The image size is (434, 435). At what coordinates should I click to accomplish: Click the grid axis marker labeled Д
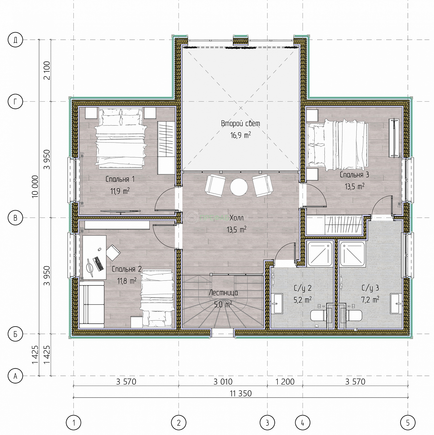(x=15, y=40)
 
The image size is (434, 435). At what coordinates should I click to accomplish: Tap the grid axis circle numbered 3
(x=267, y=423)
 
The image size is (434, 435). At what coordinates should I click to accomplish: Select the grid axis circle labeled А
(x=15, y=376)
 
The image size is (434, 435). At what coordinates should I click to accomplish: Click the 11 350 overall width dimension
(x=241, y=394)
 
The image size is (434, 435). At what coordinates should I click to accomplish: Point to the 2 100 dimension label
(x=47, y=70)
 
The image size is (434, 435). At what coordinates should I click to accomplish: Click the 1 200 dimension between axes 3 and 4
(x=285, y=382)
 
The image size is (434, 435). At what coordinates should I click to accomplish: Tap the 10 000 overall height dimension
(x=35, y=187)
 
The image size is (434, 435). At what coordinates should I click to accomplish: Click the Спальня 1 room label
(x=120, y=179)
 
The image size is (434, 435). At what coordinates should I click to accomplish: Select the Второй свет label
(x=241, y=124)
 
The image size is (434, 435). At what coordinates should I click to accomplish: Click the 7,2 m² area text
(x=370, y=300)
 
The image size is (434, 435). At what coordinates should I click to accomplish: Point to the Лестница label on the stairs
(x=224, y=293)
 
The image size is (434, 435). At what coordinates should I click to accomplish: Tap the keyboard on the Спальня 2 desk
(x=98, y=263)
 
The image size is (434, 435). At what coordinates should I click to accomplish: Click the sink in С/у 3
(x=396, y=304)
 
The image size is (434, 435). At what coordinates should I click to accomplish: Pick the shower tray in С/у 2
(x=320, y=254)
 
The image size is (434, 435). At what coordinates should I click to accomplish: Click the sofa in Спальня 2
(x=92, y=304)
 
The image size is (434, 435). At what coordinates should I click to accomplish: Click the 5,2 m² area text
(x=302, y=300)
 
